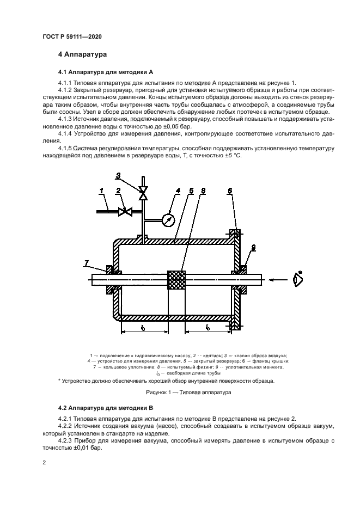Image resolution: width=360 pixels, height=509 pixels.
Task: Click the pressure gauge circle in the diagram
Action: (168, 220)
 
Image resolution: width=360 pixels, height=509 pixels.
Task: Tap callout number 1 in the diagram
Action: (101, 190)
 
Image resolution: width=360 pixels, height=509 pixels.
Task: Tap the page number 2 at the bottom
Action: (44, 462)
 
